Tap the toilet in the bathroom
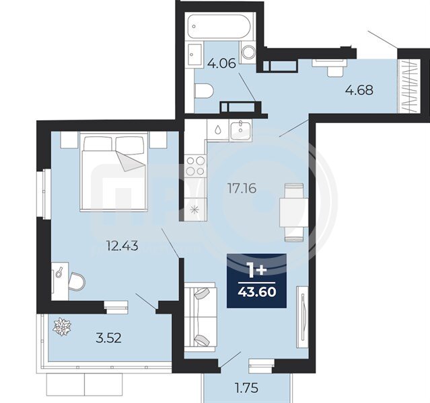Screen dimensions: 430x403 [x=203, y=91]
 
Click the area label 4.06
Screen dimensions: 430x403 [x=221, y=64]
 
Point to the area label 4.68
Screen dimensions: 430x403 [x=359, y=90]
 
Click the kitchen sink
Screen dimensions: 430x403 [x=240, y=131]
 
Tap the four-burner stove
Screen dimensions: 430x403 [x=195, y=165]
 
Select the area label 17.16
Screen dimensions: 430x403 [x=242, y=188]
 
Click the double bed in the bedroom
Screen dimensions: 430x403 [x=114, y=171]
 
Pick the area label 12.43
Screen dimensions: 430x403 [x=122, y=246]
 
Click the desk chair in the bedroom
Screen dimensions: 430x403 [x=77, y=281]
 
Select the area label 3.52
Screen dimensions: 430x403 [x=108, y=338]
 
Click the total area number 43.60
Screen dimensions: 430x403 [x=257, y=292]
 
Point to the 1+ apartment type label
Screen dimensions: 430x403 [x=257, y=271]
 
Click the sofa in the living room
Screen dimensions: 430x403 [x=201, y=317]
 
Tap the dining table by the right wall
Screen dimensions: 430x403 [x=294, y=212]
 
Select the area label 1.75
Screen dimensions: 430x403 [x=247, y=388]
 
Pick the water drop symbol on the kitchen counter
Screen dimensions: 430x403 [x=218, y=130]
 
